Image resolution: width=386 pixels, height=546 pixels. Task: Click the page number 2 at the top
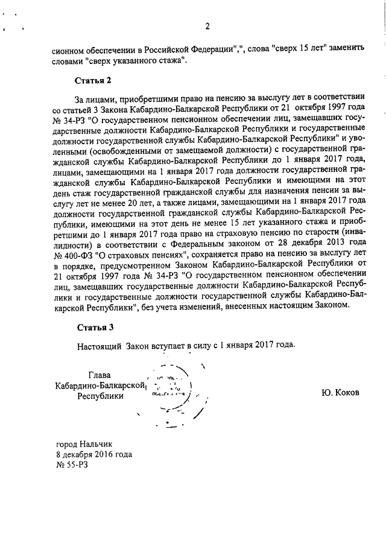[206, 26]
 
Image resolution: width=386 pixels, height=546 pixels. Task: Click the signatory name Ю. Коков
[340, 392]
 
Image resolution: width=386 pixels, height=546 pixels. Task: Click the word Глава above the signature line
[101, 375]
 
